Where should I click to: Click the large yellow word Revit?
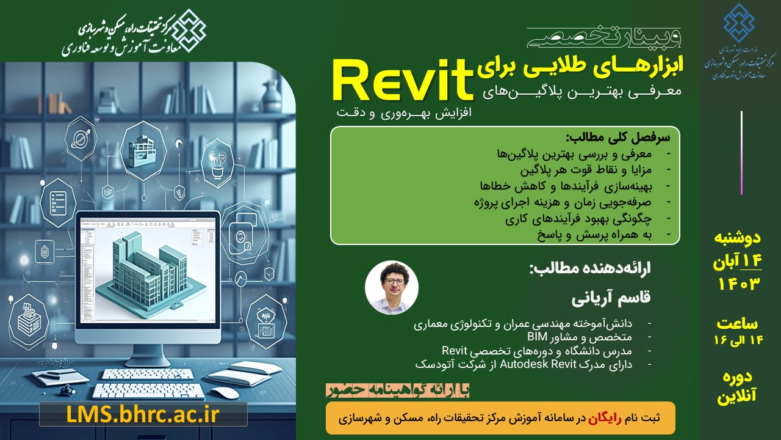[x=403, y=81]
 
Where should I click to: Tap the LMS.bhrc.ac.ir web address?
[x=143, y=414]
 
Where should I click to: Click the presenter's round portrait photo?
[x=391, y=288]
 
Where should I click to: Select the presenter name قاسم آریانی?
[x=611, y=299]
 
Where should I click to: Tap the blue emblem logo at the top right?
[x=739, y=20]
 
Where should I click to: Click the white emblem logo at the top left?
[x=189, y=31]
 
